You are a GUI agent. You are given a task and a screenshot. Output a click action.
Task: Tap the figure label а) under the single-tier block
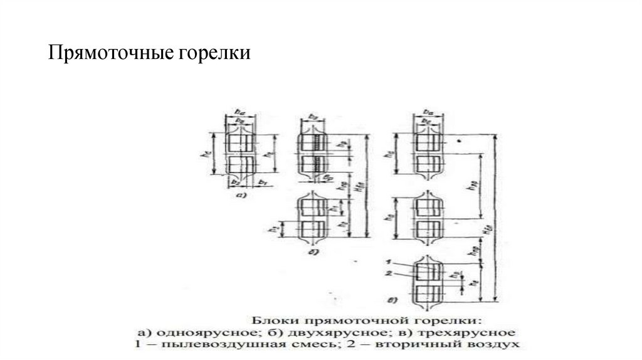[x=239, y=194]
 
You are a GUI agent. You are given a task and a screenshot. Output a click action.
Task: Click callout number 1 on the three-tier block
[x=389, y=260]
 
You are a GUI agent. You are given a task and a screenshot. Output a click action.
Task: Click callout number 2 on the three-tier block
[x=389, y=273]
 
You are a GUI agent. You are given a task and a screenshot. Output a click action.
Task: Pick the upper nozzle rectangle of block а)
[x=239, y=143]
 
